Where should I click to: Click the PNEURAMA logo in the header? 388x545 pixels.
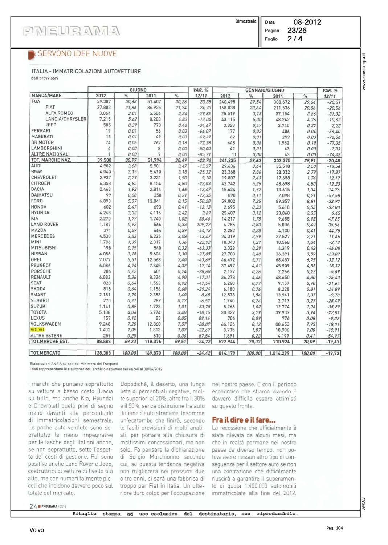71,31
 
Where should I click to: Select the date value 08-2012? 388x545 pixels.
307,22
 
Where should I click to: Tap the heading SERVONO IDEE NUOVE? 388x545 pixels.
77,54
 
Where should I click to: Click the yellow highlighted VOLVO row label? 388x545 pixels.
37,330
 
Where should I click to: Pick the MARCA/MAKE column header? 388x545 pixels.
46,96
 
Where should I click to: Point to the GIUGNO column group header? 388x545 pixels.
138,90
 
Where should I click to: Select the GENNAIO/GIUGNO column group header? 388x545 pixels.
265,90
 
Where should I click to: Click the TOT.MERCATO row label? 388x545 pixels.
45,353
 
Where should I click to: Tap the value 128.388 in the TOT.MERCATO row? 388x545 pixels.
103,353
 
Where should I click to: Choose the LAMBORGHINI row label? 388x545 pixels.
46,148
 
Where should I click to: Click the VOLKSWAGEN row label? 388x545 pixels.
45,324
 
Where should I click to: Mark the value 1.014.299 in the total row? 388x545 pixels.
279,353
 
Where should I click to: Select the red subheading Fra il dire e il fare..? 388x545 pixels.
244,420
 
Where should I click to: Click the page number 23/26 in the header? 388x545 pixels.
297,31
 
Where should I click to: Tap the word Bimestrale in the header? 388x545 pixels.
245,21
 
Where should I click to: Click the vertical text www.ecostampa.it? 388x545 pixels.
364,72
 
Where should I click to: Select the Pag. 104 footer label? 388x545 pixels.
334,528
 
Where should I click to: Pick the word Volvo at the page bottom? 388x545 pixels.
37,530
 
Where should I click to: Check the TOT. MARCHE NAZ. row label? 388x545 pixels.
51,160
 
